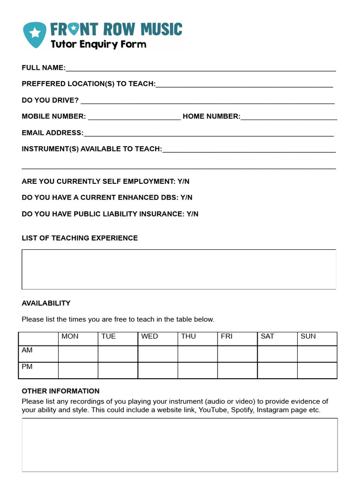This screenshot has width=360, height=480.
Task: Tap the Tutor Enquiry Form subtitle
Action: (x=98, y=45)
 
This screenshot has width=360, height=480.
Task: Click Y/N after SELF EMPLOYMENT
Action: (x=183, y=181)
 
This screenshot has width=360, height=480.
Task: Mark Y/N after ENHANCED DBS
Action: (x=186, y=198)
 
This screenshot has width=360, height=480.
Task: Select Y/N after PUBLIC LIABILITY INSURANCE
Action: (x=192, y=214)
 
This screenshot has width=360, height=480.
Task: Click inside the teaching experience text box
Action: (x=179, y=270)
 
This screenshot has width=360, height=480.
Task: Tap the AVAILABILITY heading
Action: (x=46, y=303)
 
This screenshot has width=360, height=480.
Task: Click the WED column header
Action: (x=150, y=337)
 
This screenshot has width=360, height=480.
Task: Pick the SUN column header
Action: (x=308, y=337)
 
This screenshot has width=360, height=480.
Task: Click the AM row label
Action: (x=27, y=351)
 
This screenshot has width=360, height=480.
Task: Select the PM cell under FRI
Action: (x=237, y=370)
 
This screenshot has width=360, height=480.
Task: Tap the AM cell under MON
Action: (x=78, y=354)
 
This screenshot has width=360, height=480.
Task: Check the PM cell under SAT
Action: (x=277, y=370)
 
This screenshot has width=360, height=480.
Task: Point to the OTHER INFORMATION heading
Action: (x=60, y=391)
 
